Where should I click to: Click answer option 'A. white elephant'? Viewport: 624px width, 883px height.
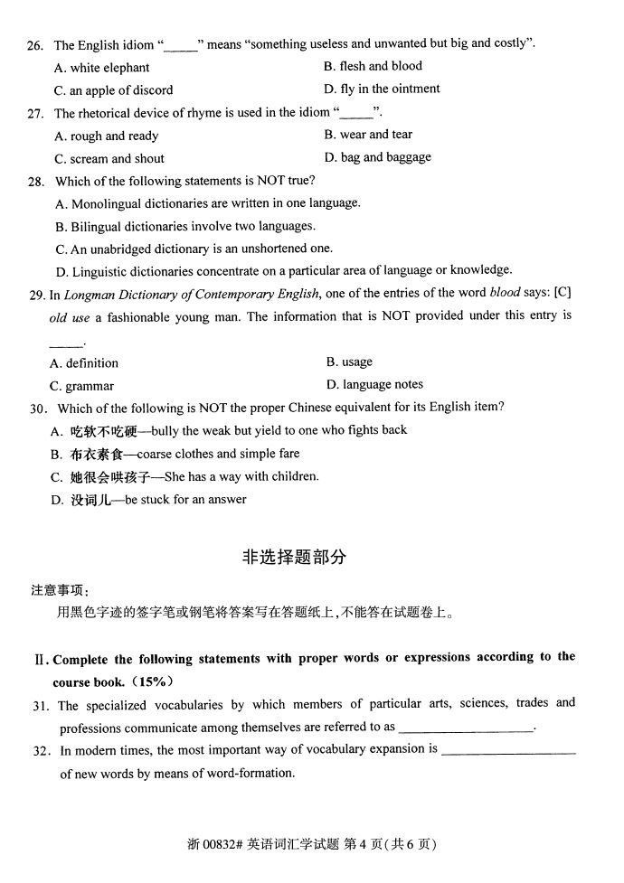[102, 68]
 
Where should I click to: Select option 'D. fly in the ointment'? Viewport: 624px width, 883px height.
[382, 89]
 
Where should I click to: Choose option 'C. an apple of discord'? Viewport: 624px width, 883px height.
[114, 90]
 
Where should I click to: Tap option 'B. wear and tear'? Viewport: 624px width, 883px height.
[367, 135]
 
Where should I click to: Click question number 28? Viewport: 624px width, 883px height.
[36, 181]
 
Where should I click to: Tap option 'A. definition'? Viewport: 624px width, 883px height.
[85, 363]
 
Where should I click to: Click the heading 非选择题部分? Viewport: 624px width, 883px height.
[295, 558]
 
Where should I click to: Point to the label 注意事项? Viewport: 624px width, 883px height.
[60, 590]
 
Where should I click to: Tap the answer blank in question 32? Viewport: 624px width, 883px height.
[510, 751]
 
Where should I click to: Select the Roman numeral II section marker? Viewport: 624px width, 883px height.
[40, 659]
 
